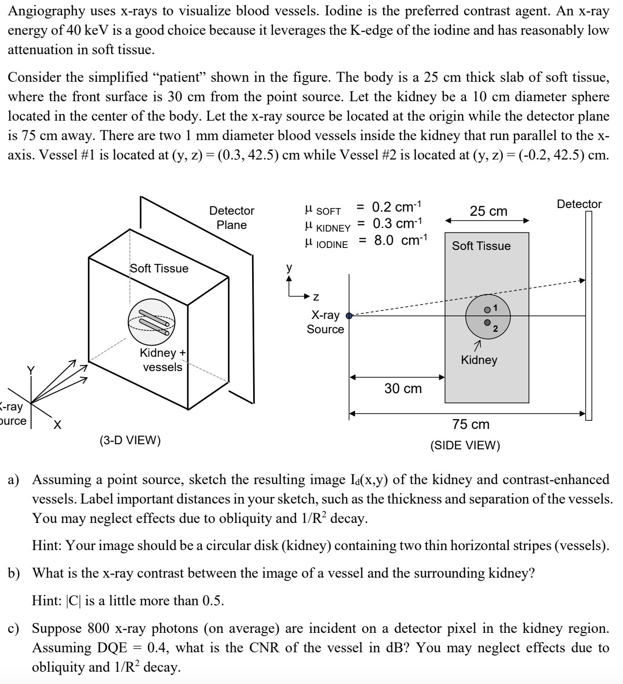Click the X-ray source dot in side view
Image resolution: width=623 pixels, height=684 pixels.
click(x=349, y=316)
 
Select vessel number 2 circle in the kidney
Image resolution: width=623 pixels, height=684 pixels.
click(x=487, y=323)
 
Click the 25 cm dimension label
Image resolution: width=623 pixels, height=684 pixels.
click(x=488, y=211)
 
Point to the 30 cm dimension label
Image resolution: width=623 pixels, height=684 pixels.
click(x=403, y=389)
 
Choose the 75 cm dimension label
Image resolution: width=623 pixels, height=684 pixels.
click(x=470, y=424)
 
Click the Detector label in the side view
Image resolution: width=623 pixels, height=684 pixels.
click(x=579, y=204)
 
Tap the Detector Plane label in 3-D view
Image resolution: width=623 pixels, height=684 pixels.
click(x=232, y=218)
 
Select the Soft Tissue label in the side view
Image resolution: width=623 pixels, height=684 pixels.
click(x=481, y=246)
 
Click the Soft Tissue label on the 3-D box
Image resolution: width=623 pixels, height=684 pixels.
click(x=159, y=268)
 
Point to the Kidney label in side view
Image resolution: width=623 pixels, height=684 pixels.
click(x=479, y=360)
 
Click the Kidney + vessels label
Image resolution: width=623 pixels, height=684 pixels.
click(x=162, y=360)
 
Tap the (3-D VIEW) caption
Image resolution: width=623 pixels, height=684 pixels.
click(x=130, y=440)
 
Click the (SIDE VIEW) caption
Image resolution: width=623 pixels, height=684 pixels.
click(x=465, y=445)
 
